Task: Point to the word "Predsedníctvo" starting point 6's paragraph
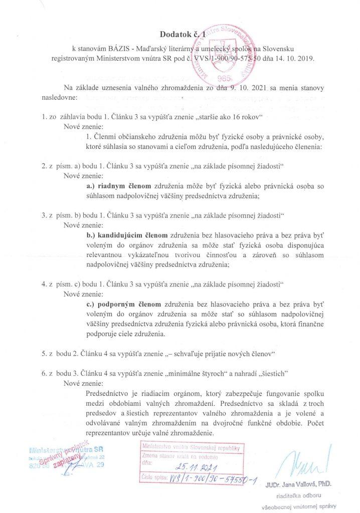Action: [109, 393]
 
